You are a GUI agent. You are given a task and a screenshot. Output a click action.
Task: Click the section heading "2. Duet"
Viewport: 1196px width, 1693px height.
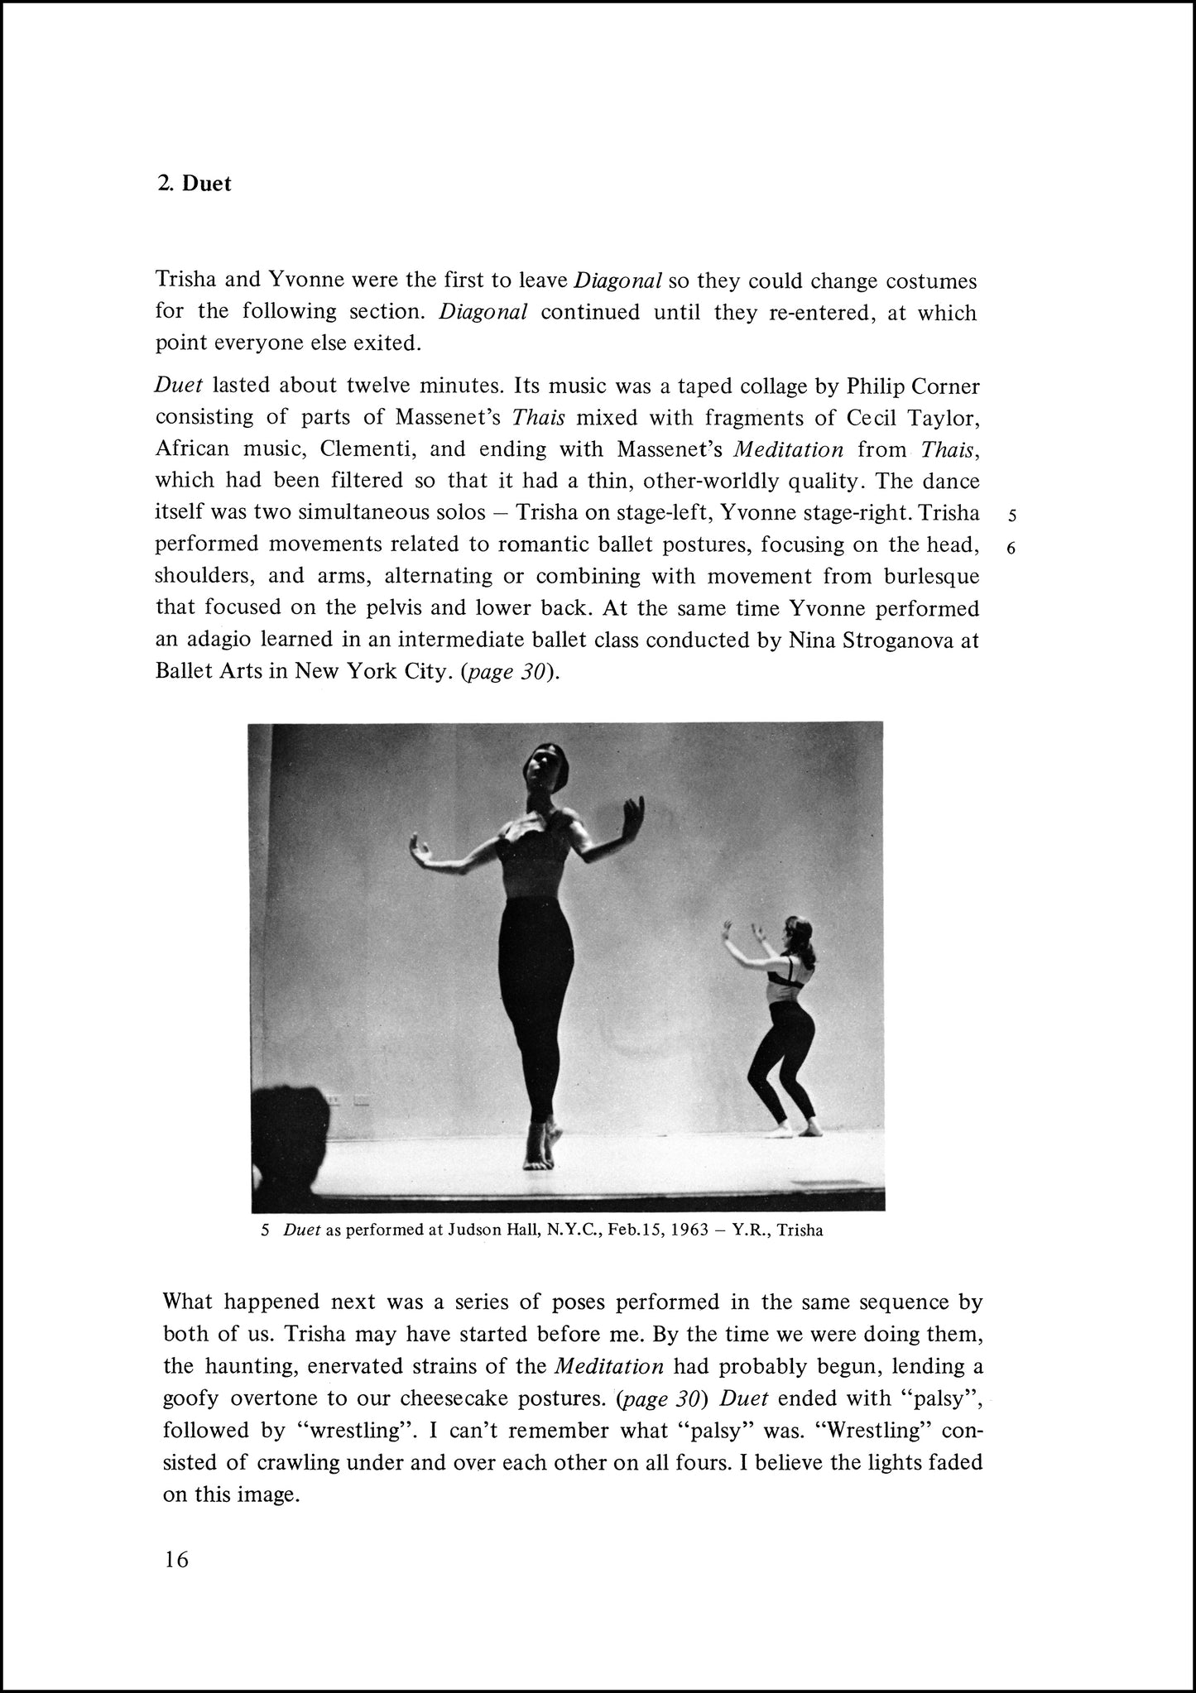[x=195, y=184]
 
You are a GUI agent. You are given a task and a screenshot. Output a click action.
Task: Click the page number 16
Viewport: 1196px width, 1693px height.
[x=176, y=1560]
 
